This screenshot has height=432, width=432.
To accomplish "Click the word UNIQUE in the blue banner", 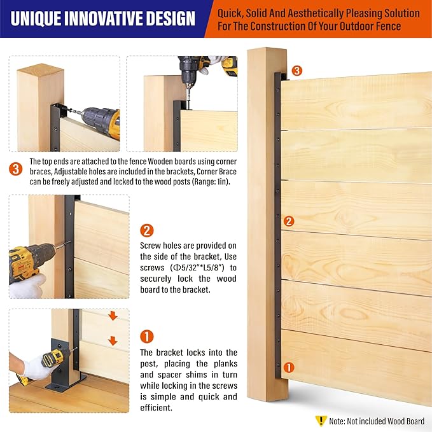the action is [36, 18].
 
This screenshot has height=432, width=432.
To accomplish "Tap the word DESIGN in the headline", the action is [171, 18].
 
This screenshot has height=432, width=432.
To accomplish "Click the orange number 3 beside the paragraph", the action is [16, 169].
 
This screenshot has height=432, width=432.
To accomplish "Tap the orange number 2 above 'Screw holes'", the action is [146, 230].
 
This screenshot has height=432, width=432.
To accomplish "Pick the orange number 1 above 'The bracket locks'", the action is [146, 337].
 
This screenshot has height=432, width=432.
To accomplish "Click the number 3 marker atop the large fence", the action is [296, 71].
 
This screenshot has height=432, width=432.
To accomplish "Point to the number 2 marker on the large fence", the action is [289, 221].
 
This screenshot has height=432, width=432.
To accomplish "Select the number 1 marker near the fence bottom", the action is [289, 367].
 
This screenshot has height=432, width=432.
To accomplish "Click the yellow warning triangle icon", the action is [321, 421].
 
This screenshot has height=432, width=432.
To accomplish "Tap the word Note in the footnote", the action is [337, 421].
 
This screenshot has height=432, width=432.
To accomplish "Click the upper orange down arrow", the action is [113, 316].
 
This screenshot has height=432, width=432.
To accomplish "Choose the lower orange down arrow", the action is [113, 340].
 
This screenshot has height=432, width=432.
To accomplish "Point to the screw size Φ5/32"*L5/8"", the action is [197, 267].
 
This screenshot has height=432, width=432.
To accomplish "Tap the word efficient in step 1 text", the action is [156, 408].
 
